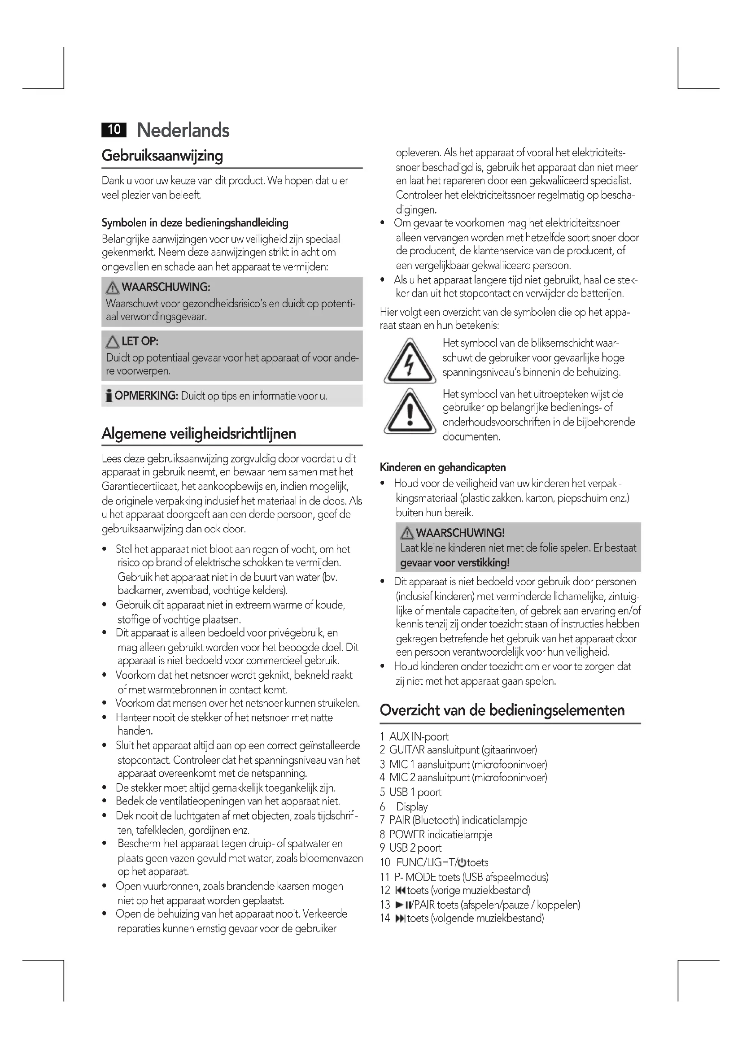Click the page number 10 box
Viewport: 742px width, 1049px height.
click(113, 130)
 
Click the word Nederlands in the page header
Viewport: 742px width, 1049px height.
click(183, 130)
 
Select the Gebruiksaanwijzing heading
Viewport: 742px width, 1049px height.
click(162, 156)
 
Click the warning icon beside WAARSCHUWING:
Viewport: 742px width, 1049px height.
click(112, 288)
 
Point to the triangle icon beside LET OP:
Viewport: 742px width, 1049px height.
click(112, 342)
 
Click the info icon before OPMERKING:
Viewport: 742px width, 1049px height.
click(109, 396)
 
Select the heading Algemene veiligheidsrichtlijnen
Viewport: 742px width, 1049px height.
click(199, 434)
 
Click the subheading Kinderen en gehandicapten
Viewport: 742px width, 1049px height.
click(443, 467)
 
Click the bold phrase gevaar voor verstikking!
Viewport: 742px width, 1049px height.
click(454, 563)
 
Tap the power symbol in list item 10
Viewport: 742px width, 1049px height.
click(462, 862)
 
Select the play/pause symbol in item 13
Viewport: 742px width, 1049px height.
click(403, 905)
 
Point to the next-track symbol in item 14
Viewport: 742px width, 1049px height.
click(400, 918)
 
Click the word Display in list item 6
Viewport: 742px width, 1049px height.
click(412, 807)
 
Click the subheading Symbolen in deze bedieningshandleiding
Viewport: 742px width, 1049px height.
click(195, 223)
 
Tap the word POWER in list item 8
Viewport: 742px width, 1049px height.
click(406, 835)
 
